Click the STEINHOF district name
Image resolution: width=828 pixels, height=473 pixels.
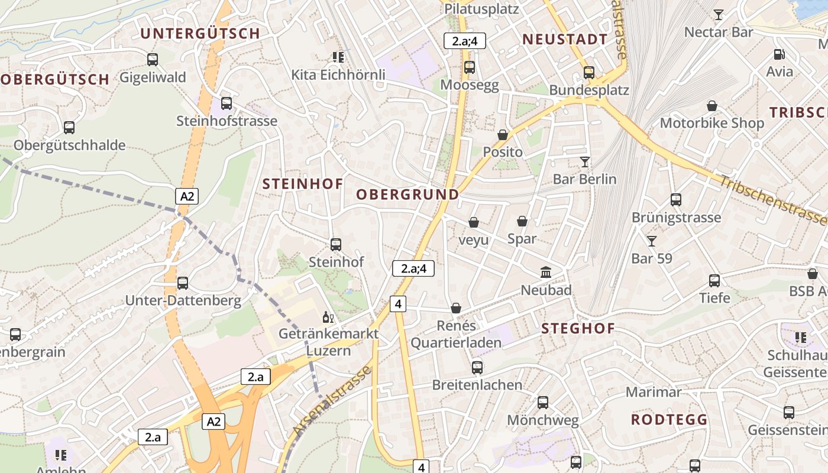(x=302, y=184)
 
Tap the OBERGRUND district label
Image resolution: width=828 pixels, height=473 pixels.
(x=407, y=195)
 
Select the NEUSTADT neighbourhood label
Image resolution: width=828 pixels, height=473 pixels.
(x=565, y=40)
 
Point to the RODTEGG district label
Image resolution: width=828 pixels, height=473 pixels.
(x=669, y=420)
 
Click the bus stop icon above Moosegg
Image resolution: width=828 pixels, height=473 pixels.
(x=470, y=67)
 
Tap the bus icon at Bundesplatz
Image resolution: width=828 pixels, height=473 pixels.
(x=589, y=73)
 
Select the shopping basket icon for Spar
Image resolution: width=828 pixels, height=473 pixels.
(x=522, y=221)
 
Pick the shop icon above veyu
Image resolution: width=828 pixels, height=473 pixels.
(x=474, y=222)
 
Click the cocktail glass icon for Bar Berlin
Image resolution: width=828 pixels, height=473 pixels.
(x=585, y=161)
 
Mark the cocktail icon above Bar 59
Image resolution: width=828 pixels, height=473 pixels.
(x=652, y=241)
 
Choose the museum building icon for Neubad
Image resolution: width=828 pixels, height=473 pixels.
(x=546, y=273)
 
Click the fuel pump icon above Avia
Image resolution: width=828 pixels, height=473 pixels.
(x=780, y=54)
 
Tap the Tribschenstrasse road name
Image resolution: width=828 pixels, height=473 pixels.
(x=772, y=199)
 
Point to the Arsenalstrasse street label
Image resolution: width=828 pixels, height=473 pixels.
(x=333, y=402)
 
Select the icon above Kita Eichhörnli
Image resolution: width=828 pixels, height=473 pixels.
(x=338, y=57)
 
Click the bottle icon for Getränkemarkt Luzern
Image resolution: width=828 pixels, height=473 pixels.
(x=328, y=318)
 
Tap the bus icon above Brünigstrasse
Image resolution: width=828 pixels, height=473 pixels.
(x=676, y=200)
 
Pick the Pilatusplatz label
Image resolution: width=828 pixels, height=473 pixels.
(x=481, y=9)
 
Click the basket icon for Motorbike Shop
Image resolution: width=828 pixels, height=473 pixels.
(x=712, y=106)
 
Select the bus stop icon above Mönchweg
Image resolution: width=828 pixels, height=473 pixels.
(x=543, y=403)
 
